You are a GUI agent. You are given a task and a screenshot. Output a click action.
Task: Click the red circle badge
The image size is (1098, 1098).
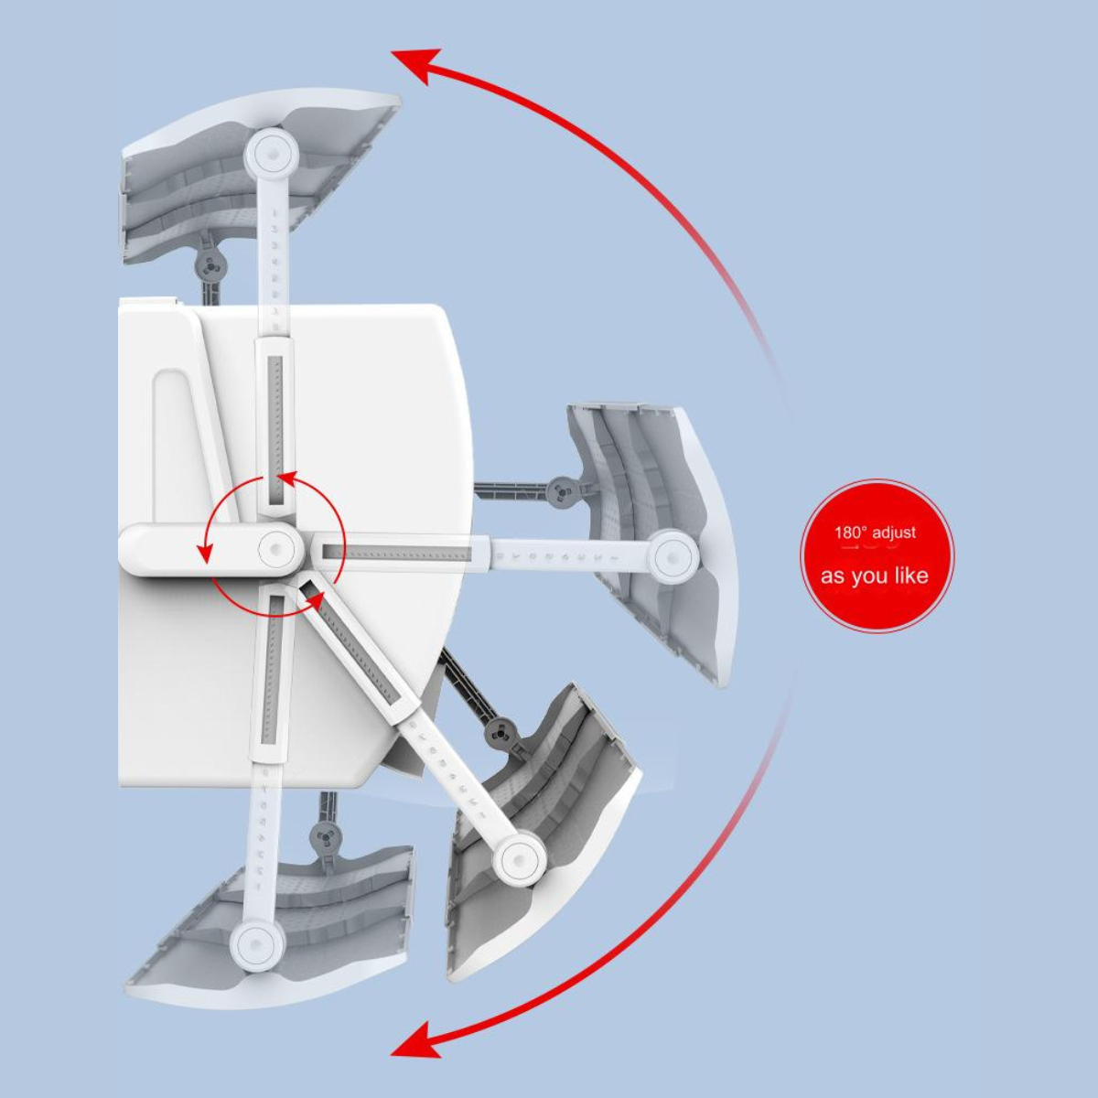pos(877,555)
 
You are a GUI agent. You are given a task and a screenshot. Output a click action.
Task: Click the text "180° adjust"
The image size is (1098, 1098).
pos(875,533)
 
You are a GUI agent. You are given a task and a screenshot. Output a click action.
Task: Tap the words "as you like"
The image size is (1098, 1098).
pos(874,576)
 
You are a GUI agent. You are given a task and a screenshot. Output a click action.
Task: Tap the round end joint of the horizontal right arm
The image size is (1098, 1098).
pos(672,556)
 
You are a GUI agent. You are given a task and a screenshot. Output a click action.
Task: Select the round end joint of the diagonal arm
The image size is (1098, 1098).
pos(519,857)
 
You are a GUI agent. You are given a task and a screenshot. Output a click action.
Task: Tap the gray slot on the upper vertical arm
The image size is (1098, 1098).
pos(275,428)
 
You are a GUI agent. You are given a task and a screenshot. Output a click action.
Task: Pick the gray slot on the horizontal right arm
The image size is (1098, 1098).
pos(398,551)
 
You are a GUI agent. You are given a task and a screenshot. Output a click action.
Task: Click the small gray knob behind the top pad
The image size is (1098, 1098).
pos(209,265)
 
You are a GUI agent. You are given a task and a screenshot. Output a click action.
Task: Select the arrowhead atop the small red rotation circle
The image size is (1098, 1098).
pos(289,479)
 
